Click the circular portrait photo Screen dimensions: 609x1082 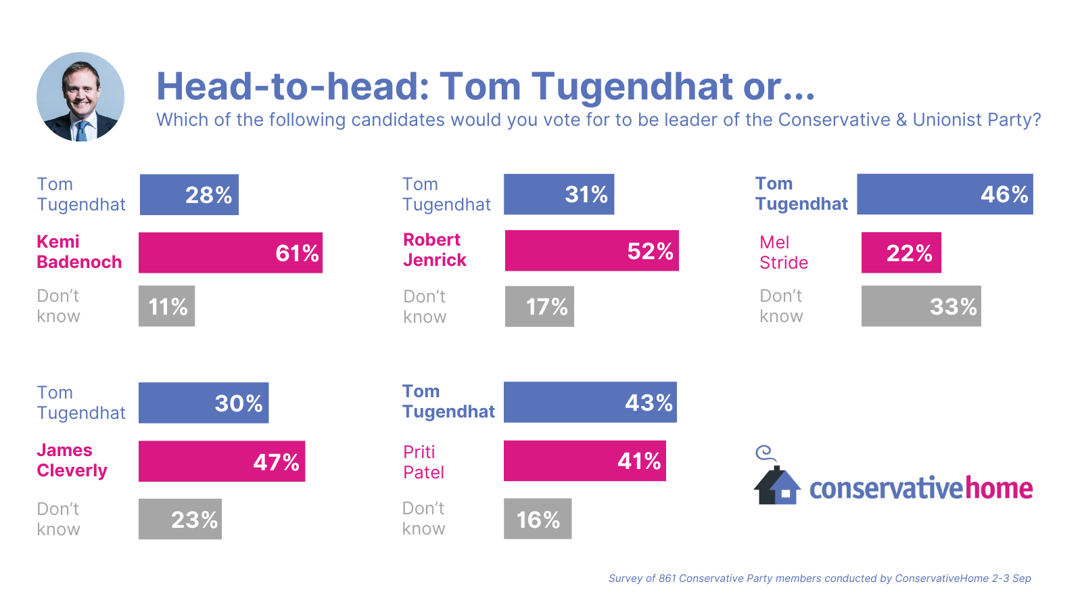coord(80,97)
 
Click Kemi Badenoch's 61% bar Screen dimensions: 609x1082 coord(231,252)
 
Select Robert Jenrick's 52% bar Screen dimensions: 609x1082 coord(592,250)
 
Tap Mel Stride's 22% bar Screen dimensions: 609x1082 coord(901,252)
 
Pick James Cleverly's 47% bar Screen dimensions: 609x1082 coord(222,461)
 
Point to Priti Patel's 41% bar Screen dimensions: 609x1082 coord(585,461)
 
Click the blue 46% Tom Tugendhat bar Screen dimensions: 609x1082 coord(945,194)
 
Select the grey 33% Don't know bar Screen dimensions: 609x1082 coord(921,306)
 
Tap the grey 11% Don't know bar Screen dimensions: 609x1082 coord(166,306)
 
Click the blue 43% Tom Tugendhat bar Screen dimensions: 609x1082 coord(590,402)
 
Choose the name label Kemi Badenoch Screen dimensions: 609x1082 coord(79,252)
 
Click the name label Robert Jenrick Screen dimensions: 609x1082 coord(435,250)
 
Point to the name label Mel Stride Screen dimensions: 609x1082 coord(784,252)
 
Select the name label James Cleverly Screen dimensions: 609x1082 coord(72,460)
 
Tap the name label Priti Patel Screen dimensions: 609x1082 coord(423,462)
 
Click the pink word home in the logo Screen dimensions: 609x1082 coord(999,488)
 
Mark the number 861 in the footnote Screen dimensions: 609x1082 coord(667,579)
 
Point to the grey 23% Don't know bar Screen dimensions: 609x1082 coord(180,519)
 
